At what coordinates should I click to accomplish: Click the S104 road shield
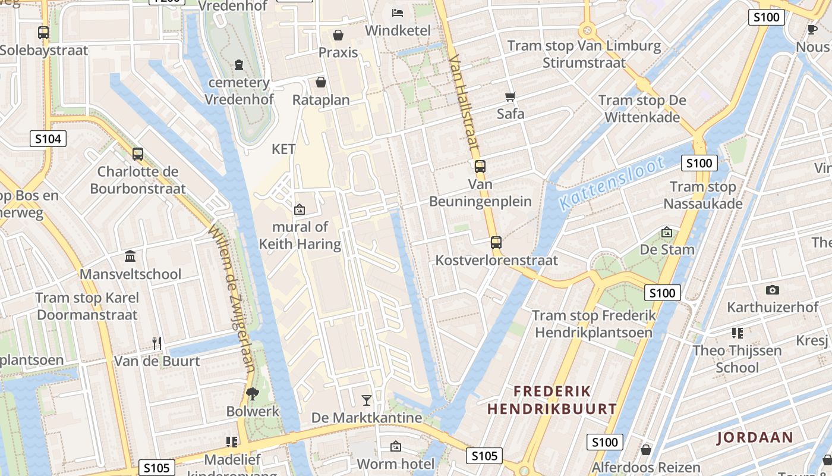click(48, 139)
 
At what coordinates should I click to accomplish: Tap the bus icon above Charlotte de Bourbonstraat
click(138, 154)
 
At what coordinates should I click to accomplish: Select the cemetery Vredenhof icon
click(239, 64)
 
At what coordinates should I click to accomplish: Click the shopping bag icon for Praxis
click(338, 35)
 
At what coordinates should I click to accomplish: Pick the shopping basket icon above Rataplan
click(321, 82)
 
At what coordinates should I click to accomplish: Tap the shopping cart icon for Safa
click(510, 96)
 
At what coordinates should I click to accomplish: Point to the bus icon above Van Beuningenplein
click(480, 167)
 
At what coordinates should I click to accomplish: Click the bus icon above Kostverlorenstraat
click(496, 243)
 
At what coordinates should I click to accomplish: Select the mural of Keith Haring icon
click(300, 209)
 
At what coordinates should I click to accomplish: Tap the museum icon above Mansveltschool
click(130, 256)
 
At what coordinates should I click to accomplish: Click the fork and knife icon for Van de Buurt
click(157, 343)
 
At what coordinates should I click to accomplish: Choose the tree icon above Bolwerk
click(253, 393)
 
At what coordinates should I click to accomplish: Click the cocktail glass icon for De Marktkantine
click(367, 400)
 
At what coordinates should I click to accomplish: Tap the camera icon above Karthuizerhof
click(773, 290)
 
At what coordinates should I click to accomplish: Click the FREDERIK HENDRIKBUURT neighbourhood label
click(552, 400)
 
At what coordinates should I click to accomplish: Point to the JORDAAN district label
click(755, 438)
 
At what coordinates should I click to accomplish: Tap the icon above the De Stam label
click(667, 232)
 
